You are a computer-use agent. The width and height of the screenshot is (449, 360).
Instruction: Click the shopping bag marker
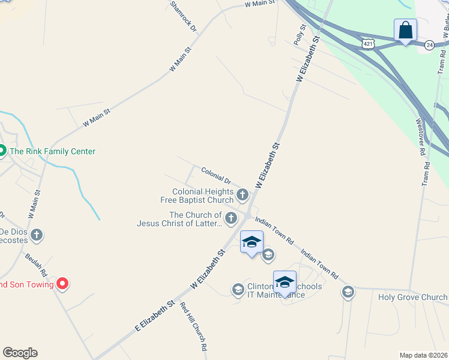(x=405, y=30)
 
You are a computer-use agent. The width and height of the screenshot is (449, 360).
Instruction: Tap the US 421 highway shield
(x=369, y=44)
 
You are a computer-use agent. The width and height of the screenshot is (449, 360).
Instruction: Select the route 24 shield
(x=429, y=45)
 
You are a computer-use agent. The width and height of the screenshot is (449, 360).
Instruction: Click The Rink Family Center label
(x=52, y=152)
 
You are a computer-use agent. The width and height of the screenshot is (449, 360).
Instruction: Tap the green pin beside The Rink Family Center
(x=2, y=151)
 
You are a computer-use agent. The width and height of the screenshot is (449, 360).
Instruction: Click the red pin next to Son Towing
(x=62, y=283)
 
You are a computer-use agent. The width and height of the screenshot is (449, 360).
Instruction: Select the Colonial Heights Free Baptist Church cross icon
(x=243, y=194)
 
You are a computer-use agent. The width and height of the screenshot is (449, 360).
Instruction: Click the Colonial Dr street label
(x=216, y=175)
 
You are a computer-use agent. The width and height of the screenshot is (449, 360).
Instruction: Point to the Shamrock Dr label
(x=183, y=16)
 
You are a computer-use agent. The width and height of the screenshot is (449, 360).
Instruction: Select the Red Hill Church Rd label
(x=194, y=326)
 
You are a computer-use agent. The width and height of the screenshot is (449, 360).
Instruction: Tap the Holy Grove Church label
(x=412, y=297)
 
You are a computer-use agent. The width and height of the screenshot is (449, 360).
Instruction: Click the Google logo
(x=20, y=353)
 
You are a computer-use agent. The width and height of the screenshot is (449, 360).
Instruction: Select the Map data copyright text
(x=423, y=355)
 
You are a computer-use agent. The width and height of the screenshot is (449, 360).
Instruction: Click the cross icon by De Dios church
(x=37, y=235)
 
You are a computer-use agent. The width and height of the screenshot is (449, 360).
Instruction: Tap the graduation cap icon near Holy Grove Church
(x=348, y=292)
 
